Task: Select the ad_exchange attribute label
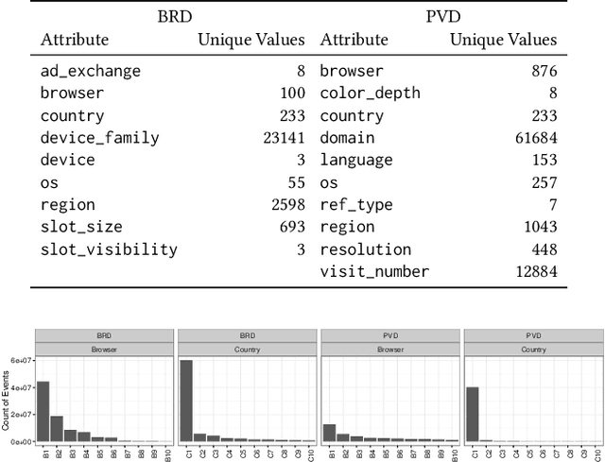90,71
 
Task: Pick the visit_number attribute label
374,272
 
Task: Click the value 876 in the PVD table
542,71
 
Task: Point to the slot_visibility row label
109,249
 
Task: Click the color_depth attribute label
370,94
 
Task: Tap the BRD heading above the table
171,16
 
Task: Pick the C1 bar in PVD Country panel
473,414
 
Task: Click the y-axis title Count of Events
7,398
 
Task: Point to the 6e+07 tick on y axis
20,360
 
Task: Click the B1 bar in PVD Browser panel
329,433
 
